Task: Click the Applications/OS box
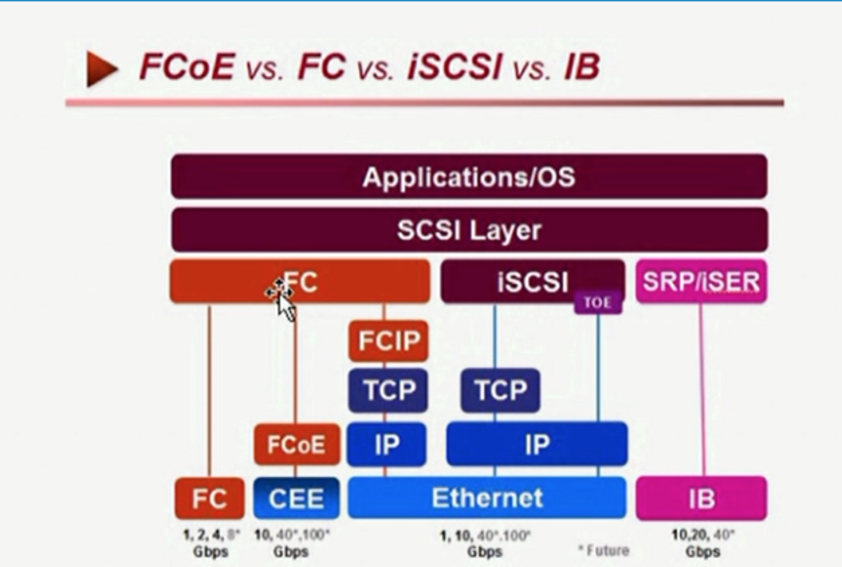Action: click(469, 177)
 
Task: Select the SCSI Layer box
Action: click(469, 230)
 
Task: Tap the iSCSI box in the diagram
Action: click(532, 282)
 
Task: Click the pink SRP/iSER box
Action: click(701, 281)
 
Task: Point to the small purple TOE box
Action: click(598, 303)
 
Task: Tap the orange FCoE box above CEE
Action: click(296, 445)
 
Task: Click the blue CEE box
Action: click(296, 499)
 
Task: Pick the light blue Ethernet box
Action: click(487, 498)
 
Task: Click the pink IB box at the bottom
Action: click(701, 499)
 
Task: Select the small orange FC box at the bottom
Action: click(210, 499)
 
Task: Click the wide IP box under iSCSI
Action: click(537, 444)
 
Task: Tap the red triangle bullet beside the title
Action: click(101, 68)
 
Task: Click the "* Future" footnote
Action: click(604, 550)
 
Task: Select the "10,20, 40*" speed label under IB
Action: click(703, 535)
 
